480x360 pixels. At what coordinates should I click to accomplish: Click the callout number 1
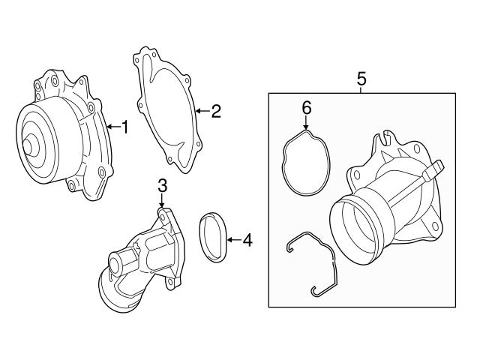click(x=125, y=127)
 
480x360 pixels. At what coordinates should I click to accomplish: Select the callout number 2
click(x=215, y=112)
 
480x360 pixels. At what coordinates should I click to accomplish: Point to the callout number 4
click(x=247, y=241)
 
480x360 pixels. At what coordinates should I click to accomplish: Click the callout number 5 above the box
click(x=361, y=77)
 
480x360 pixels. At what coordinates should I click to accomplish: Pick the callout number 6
click(x=306, y=108)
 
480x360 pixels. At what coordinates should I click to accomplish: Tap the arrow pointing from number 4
click(x=232, y=241)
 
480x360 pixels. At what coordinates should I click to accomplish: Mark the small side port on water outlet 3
click(x=117, y=264)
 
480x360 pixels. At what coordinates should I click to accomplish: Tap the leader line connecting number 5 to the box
click(x=361, y=88)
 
